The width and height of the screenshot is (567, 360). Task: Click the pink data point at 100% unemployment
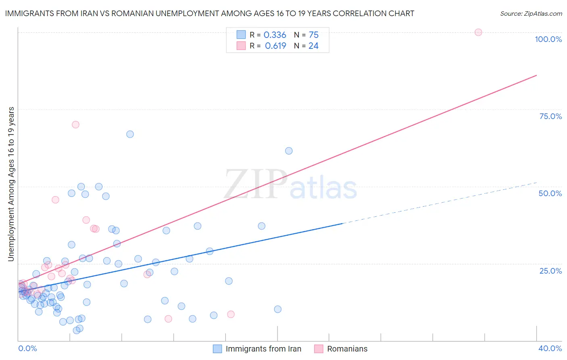coord(478,32)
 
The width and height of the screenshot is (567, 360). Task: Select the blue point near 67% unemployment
coord(130,134)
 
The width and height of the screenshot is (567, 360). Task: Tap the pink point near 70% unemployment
coord(75,124)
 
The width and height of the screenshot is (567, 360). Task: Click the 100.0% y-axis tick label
coord(548,39)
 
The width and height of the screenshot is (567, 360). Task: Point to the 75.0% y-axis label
coord(550,116)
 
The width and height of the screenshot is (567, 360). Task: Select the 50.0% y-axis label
coord(550,193)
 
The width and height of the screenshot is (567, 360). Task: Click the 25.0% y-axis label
coord(550,270)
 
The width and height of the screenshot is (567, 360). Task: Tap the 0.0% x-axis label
coord(27,348)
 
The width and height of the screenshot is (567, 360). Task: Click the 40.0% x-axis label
coord(550,348)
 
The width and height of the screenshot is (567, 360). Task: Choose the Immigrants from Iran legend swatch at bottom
coord(217,349)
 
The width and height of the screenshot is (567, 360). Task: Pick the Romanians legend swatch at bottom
coord(319,349)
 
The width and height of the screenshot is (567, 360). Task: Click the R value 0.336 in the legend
coord(275,35)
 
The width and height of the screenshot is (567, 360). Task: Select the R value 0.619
coord(275,46)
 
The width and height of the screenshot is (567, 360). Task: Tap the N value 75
coord(313,35)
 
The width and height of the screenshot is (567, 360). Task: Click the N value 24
coord(313,46)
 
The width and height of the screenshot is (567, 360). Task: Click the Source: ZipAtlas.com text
coord(531,14)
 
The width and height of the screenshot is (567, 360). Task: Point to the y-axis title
coord(11,184)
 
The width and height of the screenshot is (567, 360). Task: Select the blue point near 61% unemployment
coord(289,151)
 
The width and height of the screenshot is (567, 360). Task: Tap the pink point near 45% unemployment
coord(55,200)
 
